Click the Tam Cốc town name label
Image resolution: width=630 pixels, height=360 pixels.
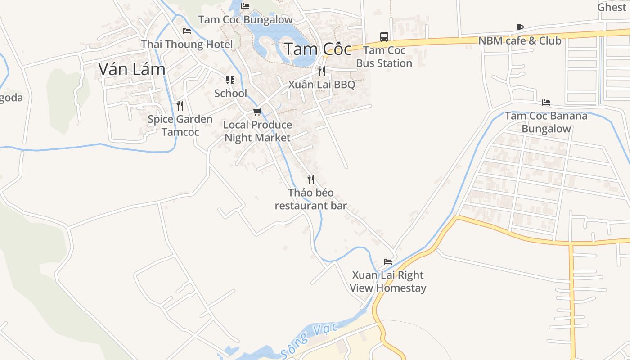[x=317, y=49]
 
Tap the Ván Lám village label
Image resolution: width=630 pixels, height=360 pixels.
[x=132, y=69]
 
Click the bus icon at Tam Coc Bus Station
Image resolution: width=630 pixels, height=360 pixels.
[x=384, y=37]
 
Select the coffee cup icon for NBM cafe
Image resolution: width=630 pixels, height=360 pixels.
[x=520, y=28]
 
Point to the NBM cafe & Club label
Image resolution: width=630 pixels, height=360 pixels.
[x=520, y=40]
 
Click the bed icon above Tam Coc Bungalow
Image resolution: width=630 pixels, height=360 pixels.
[x=245, y=6]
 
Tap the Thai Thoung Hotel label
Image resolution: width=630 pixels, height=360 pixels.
[x=187, y=44]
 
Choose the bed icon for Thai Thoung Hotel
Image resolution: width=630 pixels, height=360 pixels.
[x=187, y=31]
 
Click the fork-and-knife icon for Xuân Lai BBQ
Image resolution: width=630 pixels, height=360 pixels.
[x=321, y=71]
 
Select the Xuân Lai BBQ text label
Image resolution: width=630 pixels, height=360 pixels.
[x=321, y=85]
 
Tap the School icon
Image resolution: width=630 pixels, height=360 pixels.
[x=230, y=81]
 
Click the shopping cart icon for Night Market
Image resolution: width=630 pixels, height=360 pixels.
[x=257, y=112]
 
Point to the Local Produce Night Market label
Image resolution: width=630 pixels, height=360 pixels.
[x=257, y=131]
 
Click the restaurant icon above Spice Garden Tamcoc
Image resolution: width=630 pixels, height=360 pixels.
[x=180, y=106]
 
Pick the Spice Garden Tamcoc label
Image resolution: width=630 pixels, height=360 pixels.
[x=180, y=126]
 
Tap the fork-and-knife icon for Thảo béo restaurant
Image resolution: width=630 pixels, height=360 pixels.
[x=310, y=180]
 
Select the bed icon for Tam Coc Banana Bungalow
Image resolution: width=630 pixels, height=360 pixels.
[x=546, y=103]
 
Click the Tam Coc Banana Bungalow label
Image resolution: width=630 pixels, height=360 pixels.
[x=546, y=122]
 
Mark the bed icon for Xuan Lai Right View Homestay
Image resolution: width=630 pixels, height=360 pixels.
[x=388, y=262]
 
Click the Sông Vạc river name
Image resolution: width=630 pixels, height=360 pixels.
[x=309, y=341]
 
